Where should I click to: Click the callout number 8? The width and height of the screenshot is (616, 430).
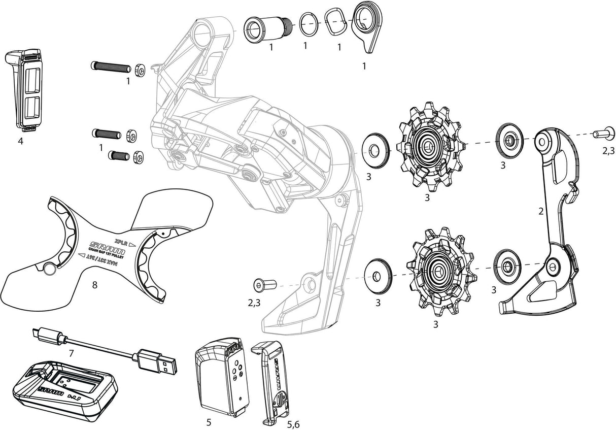94,285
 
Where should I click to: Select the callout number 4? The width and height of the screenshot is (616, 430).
20,142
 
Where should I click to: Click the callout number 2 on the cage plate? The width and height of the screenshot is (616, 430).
541,211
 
